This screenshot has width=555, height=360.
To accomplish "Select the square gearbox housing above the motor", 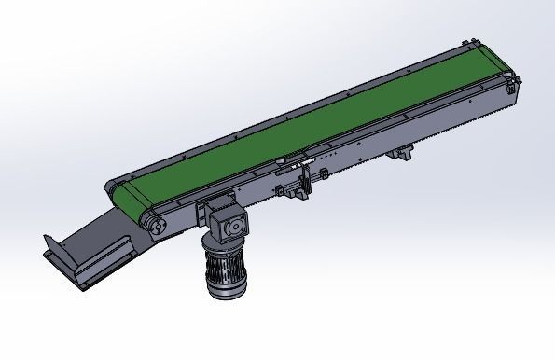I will [228, 225].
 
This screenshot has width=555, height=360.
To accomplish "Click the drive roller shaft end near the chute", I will [156, 225].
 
